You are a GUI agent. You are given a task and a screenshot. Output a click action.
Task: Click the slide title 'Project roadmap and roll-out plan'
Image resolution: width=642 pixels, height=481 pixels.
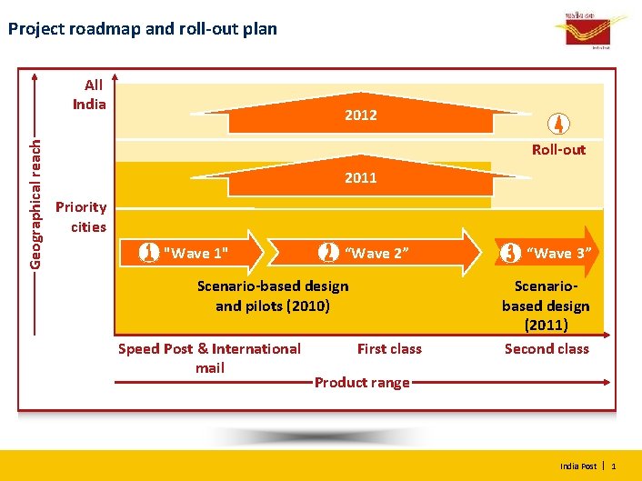(x=142, y=29)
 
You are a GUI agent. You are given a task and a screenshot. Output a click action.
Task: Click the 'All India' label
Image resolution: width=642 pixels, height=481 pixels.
(x=90, y=95)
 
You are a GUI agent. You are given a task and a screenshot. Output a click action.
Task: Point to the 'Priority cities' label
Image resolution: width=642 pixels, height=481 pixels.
(x=81, y=216)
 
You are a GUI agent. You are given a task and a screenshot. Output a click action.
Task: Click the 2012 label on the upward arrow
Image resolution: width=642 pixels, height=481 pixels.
(x=360, y=115)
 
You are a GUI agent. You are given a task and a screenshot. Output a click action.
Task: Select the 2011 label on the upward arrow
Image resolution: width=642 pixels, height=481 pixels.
(x=360, y=177)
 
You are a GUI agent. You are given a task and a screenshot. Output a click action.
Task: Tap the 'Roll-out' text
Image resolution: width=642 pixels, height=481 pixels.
(x=558, y=149)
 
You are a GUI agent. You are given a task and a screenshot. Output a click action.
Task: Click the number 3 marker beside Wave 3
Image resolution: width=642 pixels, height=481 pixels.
(x=507, y=252)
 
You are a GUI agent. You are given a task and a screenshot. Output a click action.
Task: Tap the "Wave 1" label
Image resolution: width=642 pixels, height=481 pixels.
(x=195, y=253)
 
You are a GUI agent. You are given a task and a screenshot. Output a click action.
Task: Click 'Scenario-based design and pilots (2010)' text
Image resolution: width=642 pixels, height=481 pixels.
(x=273, y=296)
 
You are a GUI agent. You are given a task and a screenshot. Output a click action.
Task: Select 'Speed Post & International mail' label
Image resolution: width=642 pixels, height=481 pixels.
(x=210, y=357)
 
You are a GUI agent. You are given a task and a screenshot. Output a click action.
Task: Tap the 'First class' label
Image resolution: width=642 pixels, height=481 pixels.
(x=389, y=348)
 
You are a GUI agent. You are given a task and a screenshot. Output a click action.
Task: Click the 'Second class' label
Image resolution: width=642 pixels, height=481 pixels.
(x=547, y=348)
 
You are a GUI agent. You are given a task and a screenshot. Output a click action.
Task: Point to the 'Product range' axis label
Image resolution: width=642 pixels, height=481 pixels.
(x=362, y=383)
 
